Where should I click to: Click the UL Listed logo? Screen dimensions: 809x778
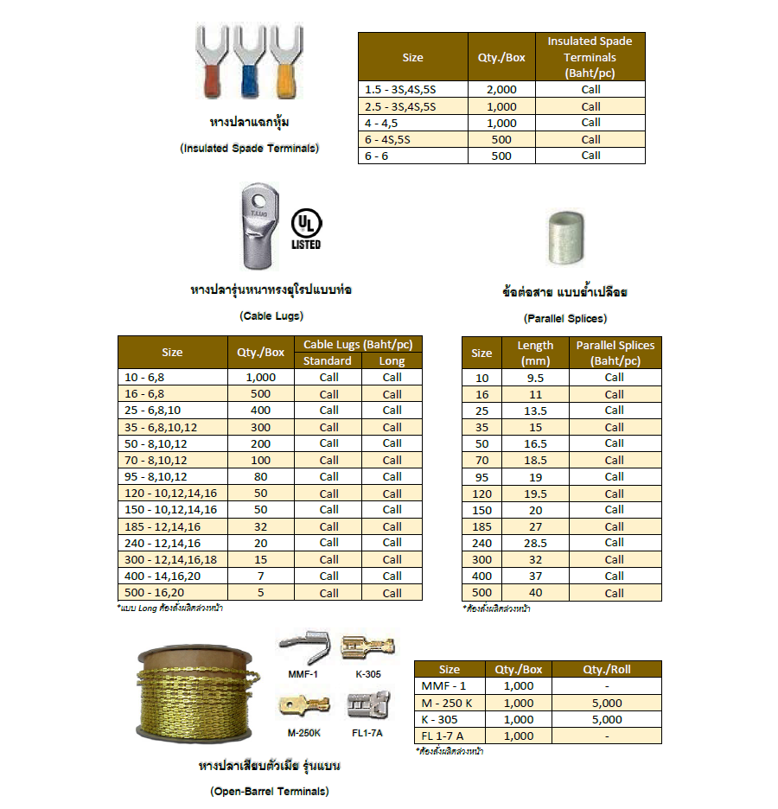[x=305, y=227]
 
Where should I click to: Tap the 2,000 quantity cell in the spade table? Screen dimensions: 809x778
[x=501, y=89]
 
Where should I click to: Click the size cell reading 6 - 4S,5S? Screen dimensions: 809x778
[x=412, y=139]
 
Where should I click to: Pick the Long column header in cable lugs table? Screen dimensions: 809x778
[x=392, y=360]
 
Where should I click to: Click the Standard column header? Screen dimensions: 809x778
[x=328, y=360]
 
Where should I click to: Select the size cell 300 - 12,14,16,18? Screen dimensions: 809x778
[x=172, y=559]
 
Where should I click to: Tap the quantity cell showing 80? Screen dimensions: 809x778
[x=260, y=476]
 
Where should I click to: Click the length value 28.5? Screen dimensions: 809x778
[x=535, y=543]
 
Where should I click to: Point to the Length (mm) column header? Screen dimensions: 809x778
[x=535, y=353]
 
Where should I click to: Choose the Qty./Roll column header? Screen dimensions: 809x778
[x=608, y=669]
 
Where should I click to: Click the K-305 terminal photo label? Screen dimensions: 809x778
[x=368, y=673]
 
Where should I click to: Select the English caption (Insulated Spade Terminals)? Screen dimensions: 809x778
[x=249, y=148]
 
